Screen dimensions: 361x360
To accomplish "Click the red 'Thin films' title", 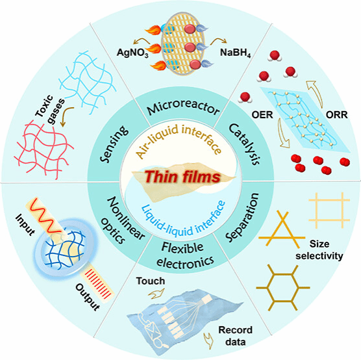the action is pyautogui.click(x=182, y=177).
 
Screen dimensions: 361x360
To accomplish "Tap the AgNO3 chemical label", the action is pyautogui.click(x=132, y=53).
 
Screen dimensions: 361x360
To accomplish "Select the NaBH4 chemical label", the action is pyautogui.click(x=235, y=53).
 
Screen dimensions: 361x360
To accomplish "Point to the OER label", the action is pyautogui.click(x=262, y=115).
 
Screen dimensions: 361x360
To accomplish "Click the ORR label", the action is pyautogui.click(x=336, y=115).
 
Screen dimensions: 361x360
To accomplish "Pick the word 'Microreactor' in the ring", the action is pyautogui.click(x=183, y=107).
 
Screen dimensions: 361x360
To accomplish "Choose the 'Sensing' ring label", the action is pyautogui.click(x=114, y=144).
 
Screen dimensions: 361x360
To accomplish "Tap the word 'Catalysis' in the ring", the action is pyautogui.click(x=245, y=144).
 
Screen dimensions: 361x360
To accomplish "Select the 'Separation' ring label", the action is pyautogui.click(x=242, y=217).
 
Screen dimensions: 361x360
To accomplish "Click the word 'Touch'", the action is pyautogui.click(x=151, y=281).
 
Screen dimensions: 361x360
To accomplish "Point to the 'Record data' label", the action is pyautogui.click(x=235, y=336).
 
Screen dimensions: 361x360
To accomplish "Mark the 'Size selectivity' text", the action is pyautogui.click(x=319, y=250).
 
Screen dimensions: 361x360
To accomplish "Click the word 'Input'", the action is pyautogui.click(x=25, y=224).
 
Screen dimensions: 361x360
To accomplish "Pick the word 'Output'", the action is pyautogui.click(x=88, y=297).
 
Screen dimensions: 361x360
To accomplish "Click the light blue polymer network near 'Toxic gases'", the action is pyautogui.click(x=88, y=83).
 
